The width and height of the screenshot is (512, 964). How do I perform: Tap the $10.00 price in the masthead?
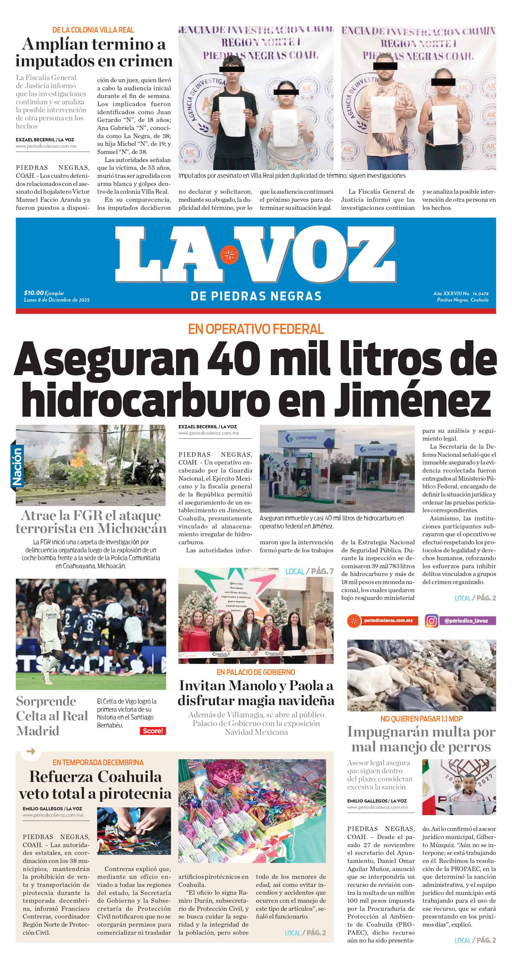pyautogui.click(x=33, y=293)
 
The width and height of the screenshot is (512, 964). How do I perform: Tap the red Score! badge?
pyautogui.click(x=153, y=731)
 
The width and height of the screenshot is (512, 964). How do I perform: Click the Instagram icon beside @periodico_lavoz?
pyautogui.click(x=431, y=621)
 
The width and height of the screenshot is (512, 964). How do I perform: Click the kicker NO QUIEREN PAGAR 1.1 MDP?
pyautogui.click(x=421, y=719)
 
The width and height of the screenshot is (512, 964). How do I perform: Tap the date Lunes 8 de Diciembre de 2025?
pyautogui.click(x=56, y=300)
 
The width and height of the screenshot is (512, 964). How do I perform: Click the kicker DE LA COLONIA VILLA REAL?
pyautogui.click(x=93, y=30)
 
